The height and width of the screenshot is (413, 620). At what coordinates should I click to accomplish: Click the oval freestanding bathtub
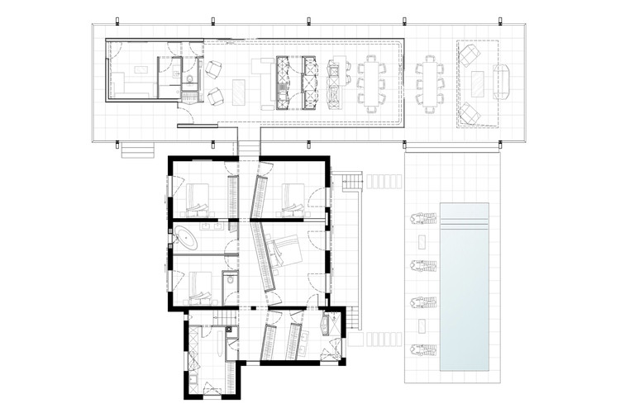click(x=188, y=241)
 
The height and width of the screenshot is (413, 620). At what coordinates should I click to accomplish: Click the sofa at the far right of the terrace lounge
click(x=502, y=82)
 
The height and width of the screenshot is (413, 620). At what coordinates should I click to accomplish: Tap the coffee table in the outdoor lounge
click(x=479, y=83)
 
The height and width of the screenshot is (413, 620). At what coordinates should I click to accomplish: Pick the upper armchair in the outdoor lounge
click(x=469, y=56)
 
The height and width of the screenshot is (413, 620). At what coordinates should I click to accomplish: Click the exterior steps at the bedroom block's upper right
click(x=353, y=179)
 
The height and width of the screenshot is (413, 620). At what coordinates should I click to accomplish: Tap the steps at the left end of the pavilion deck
click(x=138, y=150)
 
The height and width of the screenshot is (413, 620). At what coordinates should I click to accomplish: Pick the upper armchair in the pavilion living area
click(x=214, y=69)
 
